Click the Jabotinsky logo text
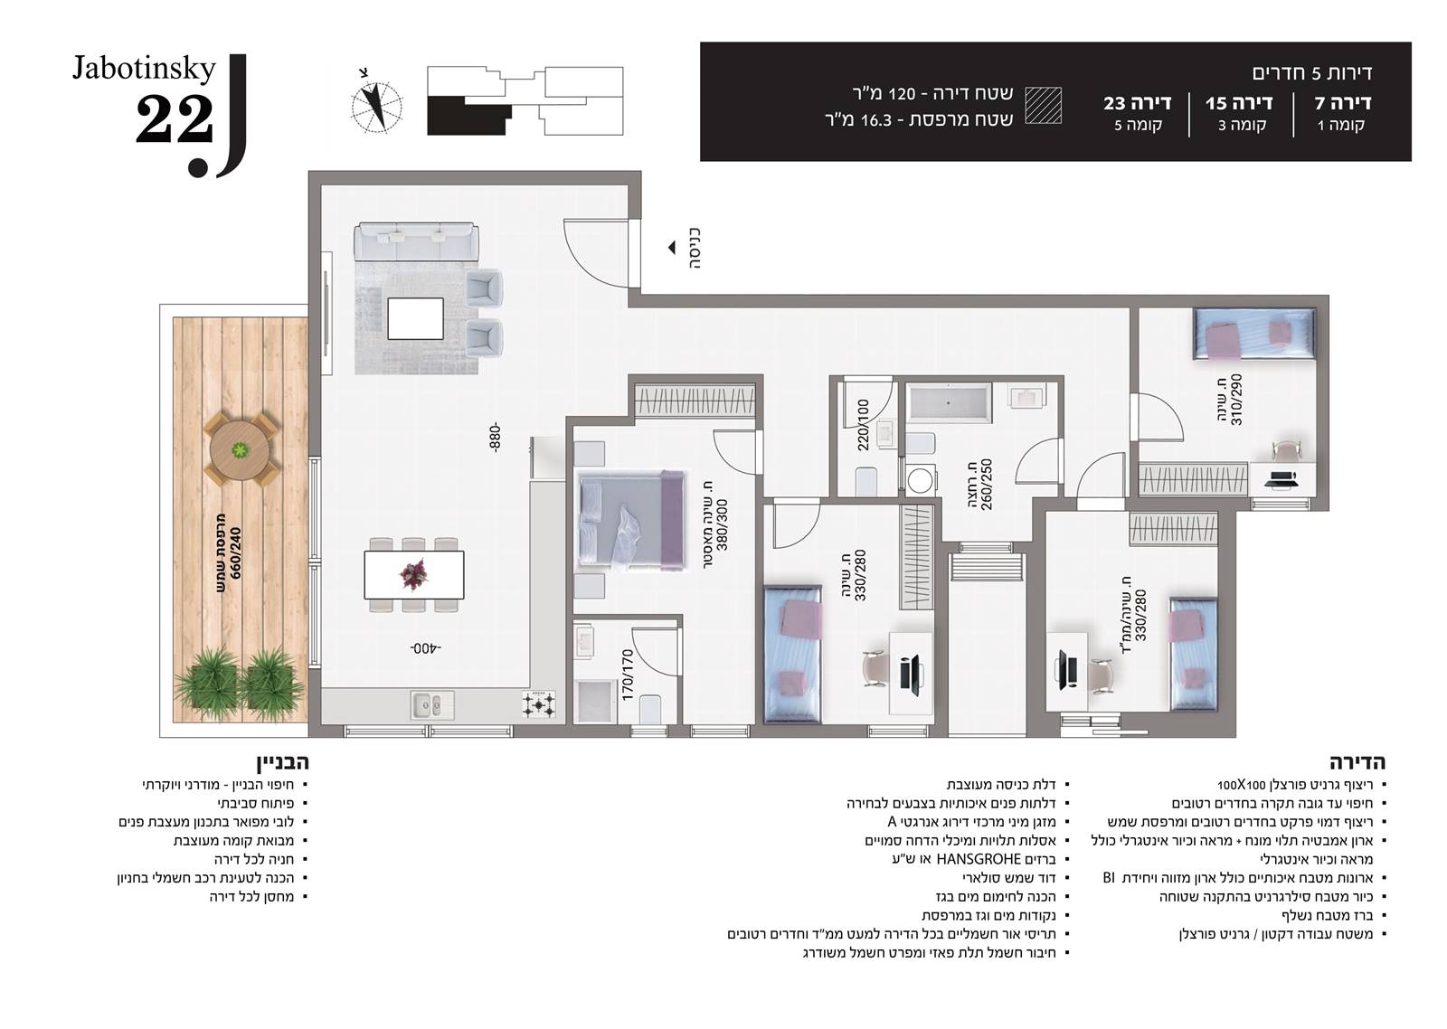(x=144, y=69)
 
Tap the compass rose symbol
(x=376, y=106)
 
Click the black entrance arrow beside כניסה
(x=672, y=247)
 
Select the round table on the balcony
(x=241, y=449)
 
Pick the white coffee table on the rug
(x=415, y=318)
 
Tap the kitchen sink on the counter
(x=432, y=704)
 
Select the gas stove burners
(x=539, y=704)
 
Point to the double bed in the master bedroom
(x=631, y=521)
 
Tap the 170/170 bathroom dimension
(x=628, y=675)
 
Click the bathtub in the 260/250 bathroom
(x=949, y=402)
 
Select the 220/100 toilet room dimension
(x=864, y=425)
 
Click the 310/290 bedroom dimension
(x=1236, y=399)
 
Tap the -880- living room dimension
(x=495, y=438)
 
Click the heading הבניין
(x=283, y=762)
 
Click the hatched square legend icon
(x=1044, y=105)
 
